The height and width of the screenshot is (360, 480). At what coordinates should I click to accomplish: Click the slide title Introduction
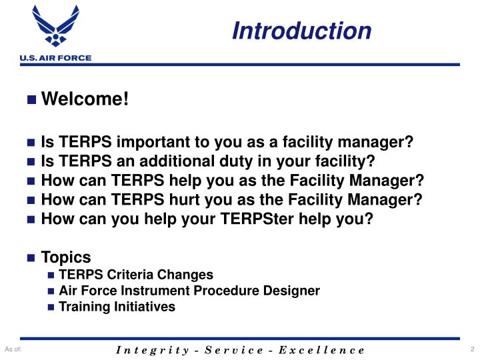click(x=302, y=31)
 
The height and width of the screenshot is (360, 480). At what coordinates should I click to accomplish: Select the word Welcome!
click(x=84, y=100)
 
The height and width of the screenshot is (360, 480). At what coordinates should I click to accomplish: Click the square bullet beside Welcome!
click(x=31, y=101)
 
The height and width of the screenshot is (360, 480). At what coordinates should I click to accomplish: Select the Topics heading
click(x=66, y=257)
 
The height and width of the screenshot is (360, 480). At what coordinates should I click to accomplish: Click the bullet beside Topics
click(x=31, y=258)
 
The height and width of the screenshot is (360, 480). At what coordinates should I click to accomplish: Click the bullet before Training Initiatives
click(x=52, y=307)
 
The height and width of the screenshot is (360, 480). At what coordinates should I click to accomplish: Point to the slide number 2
click(x=471, y=349)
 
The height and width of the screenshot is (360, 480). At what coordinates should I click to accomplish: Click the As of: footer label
click(x=13, y=349)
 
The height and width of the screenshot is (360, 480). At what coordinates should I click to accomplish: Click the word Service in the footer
click(x=235, y=349)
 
